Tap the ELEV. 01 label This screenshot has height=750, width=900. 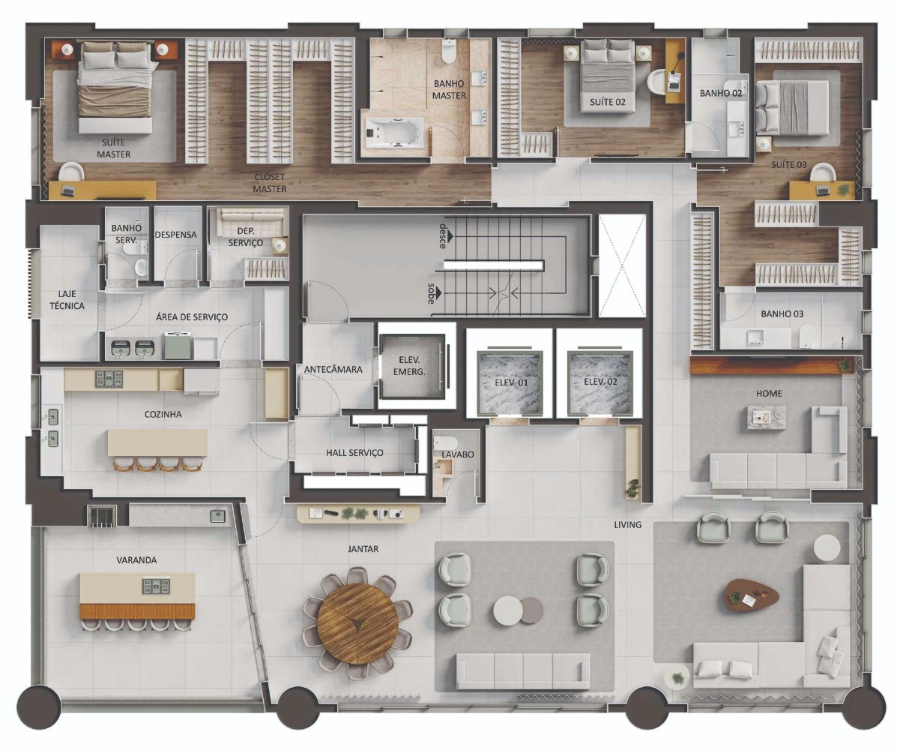[x=511, y=382]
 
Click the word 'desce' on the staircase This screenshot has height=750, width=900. [x=443, y=235]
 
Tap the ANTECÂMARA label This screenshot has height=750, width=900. [x=333, y=370]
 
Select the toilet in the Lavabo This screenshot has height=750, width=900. [x=445, y=443]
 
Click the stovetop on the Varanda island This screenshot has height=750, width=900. [x=156, y=586]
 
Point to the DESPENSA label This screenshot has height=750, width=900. [x=175, y=235]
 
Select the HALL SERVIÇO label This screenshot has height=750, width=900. [x=354, y=453]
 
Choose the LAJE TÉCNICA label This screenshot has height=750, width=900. [x=67, y=300]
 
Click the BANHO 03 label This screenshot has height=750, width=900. [x=782, y=314]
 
